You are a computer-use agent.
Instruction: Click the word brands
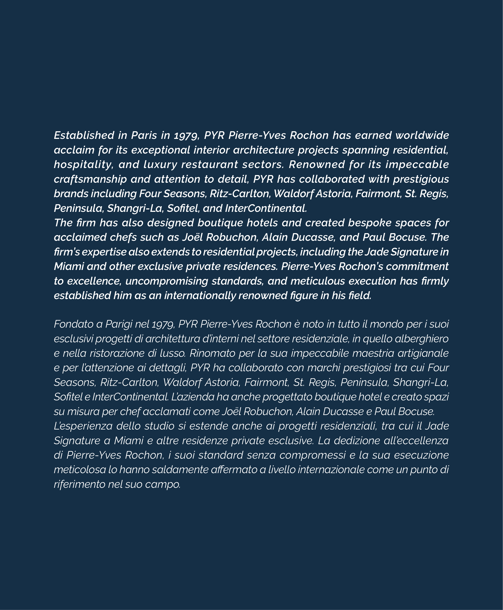tap(71, 194)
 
